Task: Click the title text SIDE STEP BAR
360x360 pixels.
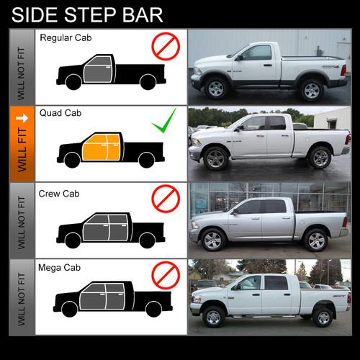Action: [86, 14]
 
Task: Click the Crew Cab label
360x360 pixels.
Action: [60, 194]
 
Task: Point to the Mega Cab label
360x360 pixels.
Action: [60, 268]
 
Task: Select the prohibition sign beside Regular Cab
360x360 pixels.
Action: [165, 48]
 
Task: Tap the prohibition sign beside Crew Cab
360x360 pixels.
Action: [165, 199]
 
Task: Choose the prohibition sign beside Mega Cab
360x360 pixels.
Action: [165, 274]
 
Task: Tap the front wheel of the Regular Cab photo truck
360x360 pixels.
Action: [216, 89]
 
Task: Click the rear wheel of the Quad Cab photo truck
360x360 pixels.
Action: [320, 158]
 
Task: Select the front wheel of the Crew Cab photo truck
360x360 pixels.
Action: [212, 239]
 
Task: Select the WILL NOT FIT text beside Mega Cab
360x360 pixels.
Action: [22, 297]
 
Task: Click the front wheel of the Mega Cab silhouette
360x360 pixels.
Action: [70, 310]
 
